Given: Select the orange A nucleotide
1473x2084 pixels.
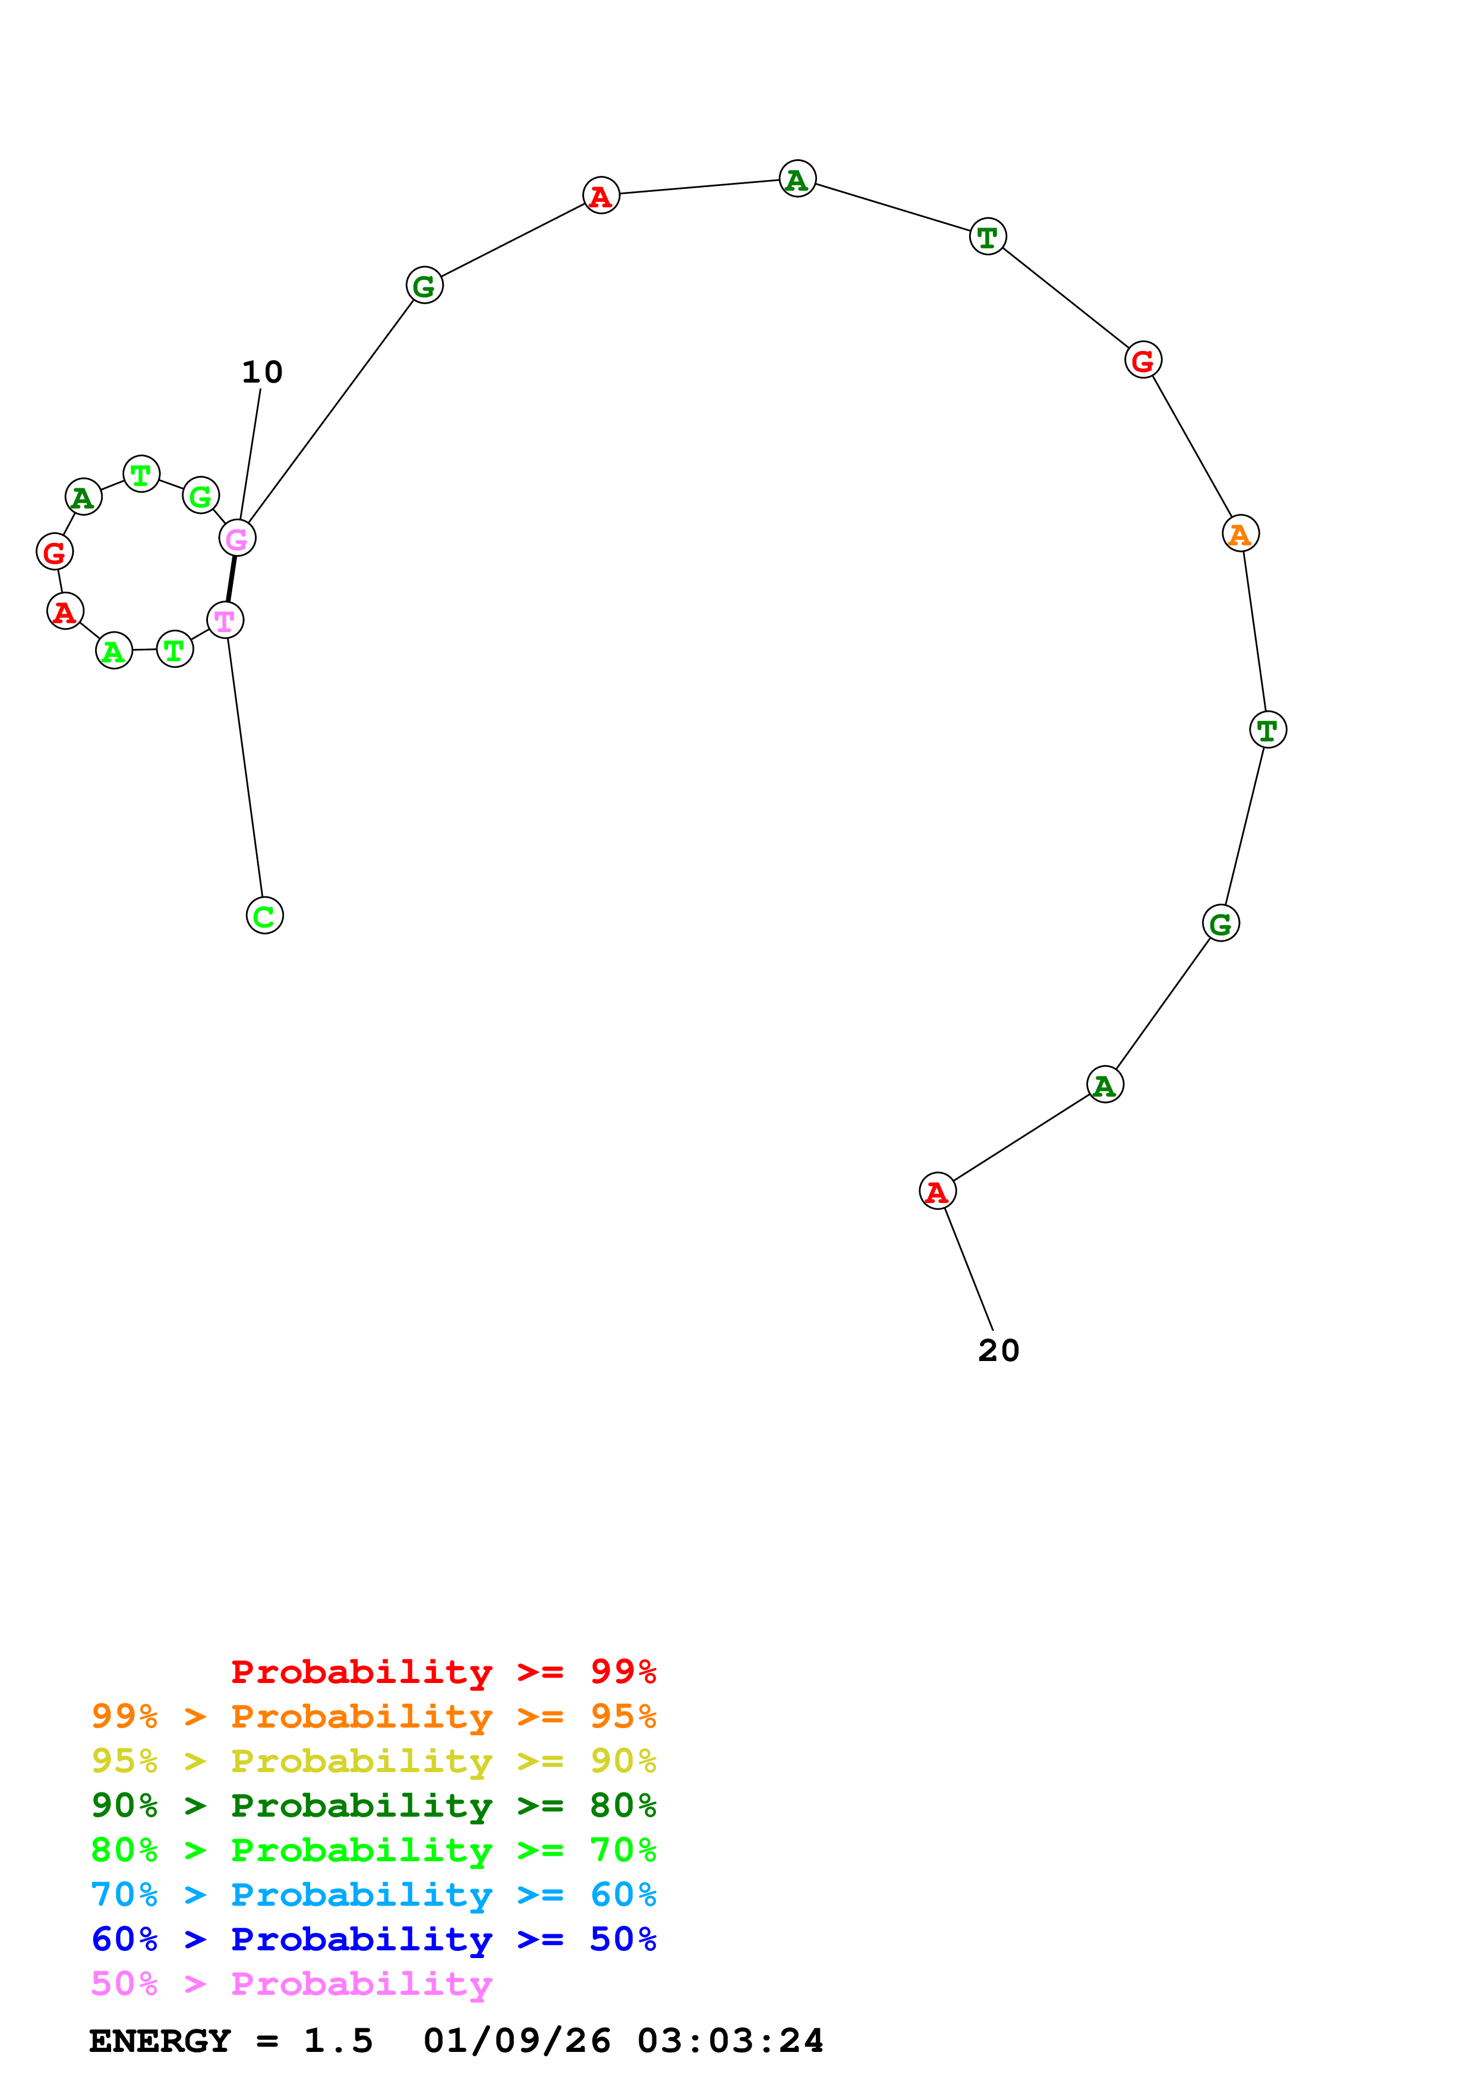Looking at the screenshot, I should pos(1239,533).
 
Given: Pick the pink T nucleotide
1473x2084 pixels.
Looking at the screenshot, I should pos(224,620).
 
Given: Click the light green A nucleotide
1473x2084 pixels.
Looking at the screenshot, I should pos(113,650).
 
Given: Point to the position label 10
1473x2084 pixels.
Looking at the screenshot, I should pos(261,372).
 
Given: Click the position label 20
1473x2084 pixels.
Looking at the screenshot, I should pos(998,1350).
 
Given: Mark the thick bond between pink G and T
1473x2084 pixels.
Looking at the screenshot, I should pos(231,579).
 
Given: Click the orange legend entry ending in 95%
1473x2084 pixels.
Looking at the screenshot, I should pos(373,1716).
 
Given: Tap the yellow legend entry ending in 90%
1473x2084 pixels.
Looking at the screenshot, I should pos(373,1761).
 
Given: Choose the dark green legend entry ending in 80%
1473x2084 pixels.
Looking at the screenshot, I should pos(373,1805).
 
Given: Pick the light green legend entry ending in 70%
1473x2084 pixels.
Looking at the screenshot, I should pos(373,1850).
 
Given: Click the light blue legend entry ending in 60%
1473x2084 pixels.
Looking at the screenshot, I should pos(373,1894).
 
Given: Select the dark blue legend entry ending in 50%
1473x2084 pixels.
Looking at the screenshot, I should pos(373,1939).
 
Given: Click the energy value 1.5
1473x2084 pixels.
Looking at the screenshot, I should pos(338,2041).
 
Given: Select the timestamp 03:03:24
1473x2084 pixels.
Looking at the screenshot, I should pos(730,2041).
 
